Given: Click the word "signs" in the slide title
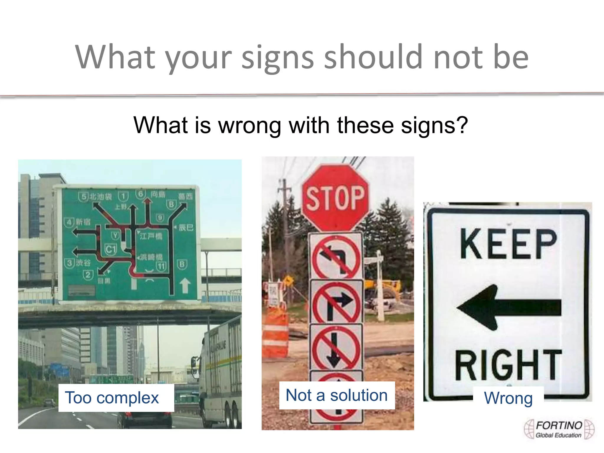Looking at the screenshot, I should (278, 58).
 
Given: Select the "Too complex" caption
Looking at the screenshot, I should (112, 398).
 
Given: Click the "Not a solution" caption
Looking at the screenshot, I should (337, 395).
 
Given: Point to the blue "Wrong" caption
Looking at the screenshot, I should (508, 398).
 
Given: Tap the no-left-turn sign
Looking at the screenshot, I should (336, 257).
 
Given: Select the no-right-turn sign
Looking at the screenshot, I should (337, 302).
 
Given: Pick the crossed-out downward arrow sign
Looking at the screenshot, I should (336, 348).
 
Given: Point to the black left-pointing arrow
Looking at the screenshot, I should (509, 307).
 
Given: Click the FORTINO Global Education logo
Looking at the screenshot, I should (559, 429).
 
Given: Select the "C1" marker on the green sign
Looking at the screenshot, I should (111, 250).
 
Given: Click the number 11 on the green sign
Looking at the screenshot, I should (161, 266).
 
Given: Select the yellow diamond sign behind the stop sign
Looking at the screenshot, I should (288, 280).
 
